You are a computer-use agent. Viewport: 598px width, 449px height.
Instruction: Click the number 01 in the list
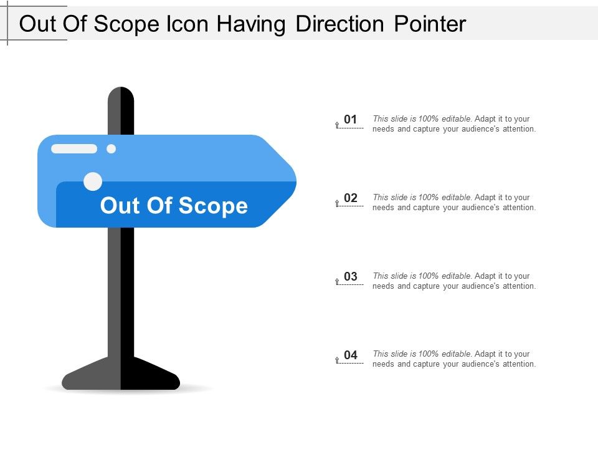(x=351, y=119)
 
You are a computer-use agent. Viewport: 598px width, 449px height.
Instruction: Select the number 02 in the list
(x=351, y=198)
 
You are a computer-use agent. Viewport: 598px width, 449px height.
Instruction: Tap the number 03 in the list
(x=351, y=276)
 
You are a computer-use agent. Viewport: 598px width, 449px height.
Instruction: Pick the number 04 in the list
(x=351, y=355)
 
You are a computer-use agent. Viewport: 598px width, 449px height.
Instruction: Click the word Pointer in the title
(x=430, y=24)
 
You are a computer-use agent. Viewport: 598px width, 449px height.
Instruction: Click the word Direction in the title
(x=341, y=24)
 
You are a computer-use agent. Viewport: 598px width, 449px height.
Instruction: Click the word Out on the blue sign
(x=120, y=205)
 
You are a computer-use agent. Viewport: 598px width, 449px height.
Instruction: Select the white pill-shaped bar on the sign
(x=74, y=148)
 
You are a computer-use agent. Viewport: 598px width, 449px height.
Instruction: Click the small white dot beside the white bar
(x=112, y=148)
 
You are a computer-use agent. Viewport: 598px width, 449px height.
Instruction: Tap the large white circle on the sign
(x=93, y=181)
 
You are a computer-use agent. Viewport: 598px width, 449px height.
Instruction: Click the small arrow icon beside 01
(x=337, y=125)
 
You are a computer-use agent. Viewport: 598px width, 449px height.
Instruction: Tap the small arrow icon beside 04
(x=337, y=360)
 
